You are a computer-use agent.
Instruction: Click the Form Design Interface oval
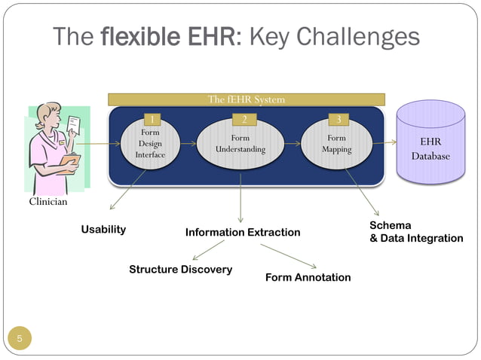(150, 144)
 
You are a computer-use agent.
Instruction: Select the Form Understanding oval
(240, 144)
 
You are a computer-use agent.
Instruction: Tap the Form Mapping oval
(336, 144)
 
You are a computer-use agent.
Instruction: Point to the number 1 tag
(152, 119)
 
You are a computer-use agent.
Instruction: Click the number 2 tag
(244, 119)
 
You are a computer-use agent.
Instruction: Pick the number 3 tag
(339, 119)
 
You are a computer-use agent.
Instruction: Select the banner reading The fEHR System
(247, 99)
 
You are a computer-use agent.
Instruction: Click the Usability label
(103, 229)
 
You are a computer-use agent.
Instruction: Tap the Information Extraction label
(243, 233)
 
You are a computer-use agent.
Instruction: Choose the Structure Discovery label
(180, 269)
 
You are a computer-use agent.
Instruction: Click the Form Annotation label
(308, 277)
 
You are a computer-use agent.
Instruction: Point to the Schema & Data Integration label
(415, 232)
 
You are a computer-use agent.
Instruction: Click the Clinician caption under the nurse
(48, 202)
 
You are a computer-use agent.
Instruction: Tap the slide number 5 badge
(20, 339)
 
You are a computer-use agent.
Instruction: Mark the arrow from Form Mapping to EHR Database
(384, 144)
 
